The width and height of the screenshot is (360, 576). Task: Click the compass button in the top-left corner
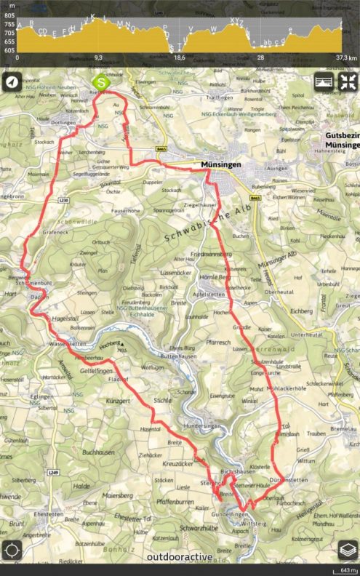point(12,81)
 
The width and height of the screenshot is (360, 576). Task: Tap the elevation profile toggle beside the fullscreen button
point(324,82)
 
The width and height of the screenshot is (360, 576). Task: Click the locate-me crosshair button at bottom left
point(12,550)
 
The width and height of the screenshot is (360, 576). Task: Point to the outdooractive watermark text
point(180,557)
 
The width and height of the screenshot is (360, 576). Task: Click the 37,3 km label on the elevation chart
point(345,57)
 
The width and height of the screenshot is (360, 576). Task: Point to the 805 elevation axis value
point(9,5)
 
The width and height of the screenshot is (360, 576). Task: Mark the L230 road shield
point(63,201)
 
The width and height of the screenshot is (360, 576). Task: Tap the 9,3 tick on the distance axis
point(98,57)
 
